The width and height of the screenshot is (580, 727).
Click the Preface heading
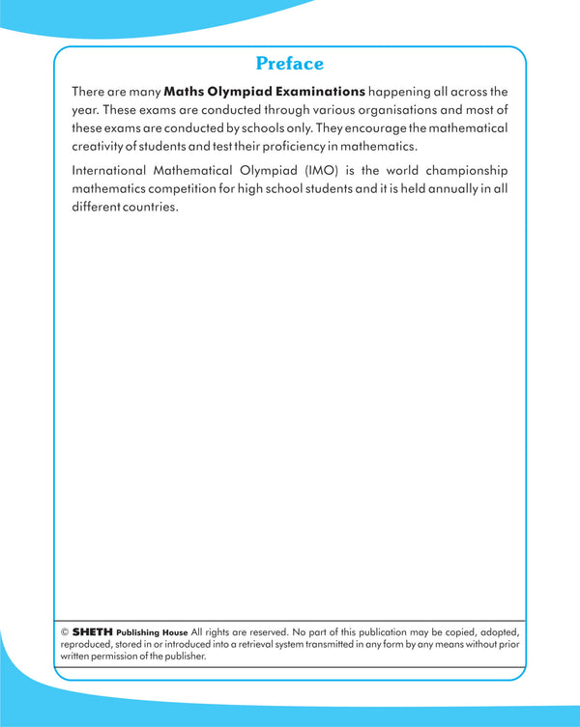(290, 64)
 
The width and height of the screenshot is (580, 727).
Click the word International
(112, 171)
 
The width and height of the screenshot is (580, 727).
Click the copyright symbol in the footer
(64, 632)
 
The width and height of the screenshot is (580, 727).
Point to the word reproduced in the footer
(87, 644)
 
